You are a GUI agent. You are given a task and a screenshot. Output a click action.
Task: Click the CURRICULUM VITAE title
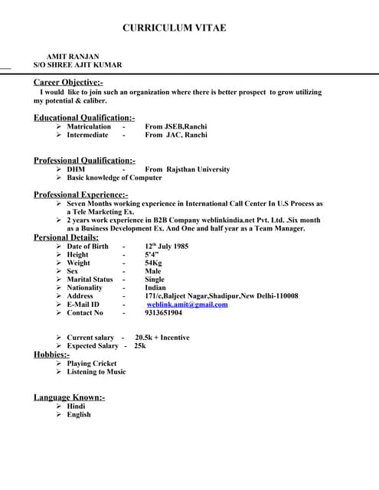pos(174,28)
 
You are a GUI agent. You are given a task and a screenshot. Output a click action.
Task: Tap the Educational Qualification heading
pos(84,117)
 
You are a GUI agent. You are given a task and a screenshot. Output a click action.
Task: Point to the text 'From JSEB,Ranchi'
pos(176,126)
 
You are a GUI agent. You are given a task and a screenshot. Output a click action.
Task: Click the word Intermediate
pos(87,135)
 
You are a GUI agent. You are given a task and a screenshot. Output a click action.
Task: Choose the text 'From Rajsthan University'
pos(187,169)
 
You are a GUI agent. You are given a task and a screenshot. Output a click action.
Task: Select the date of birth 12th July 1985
pos(166,247)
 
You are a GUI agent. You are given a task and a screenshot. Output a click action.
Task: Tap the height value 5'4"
pos(152,255)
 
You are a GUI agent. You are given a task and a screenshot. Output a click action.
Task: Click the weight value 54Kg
pos(153,263)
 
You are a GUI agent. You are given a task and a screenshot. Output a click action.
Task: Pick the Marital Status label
pos(90,279)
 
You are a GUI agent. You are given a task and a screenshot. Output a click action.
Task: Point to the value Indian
pos(155,288)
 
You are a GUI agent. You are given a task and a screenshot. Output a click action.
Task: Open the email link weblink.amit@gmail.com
pos(187,305)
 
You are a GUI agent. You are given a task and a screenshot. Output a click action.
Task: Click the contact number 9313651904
pos(163,313)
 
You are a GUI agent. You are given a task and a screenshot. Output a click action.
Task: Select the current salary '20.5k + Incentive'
pos(162,338)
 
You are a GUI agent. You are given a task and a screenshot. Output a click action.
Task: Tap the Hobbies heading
pos(51,354)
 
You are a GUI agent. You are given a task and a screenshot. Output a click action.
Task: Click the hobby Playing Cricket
pos(92,364)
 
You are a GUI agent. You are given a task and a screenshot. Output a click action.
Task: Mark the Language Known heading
pos(69,397)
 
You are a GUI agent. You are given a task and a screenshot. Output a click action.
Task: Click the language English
pos(79,414)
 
